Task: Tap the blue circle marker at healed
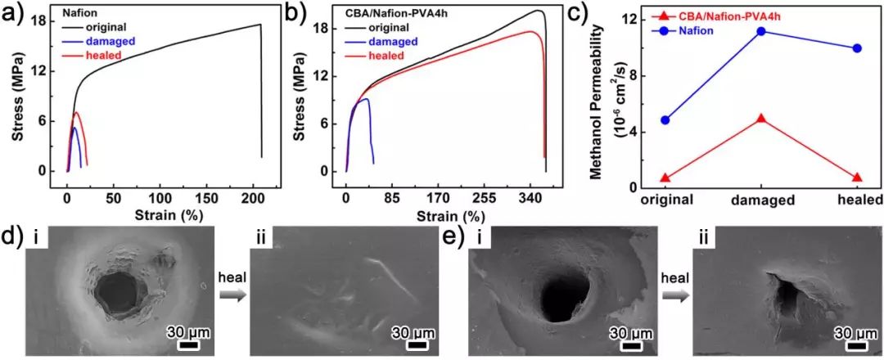coord(857,48)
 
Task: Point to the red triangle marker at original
coord(665,178)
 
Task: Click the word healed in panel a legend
coord(103,55)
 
